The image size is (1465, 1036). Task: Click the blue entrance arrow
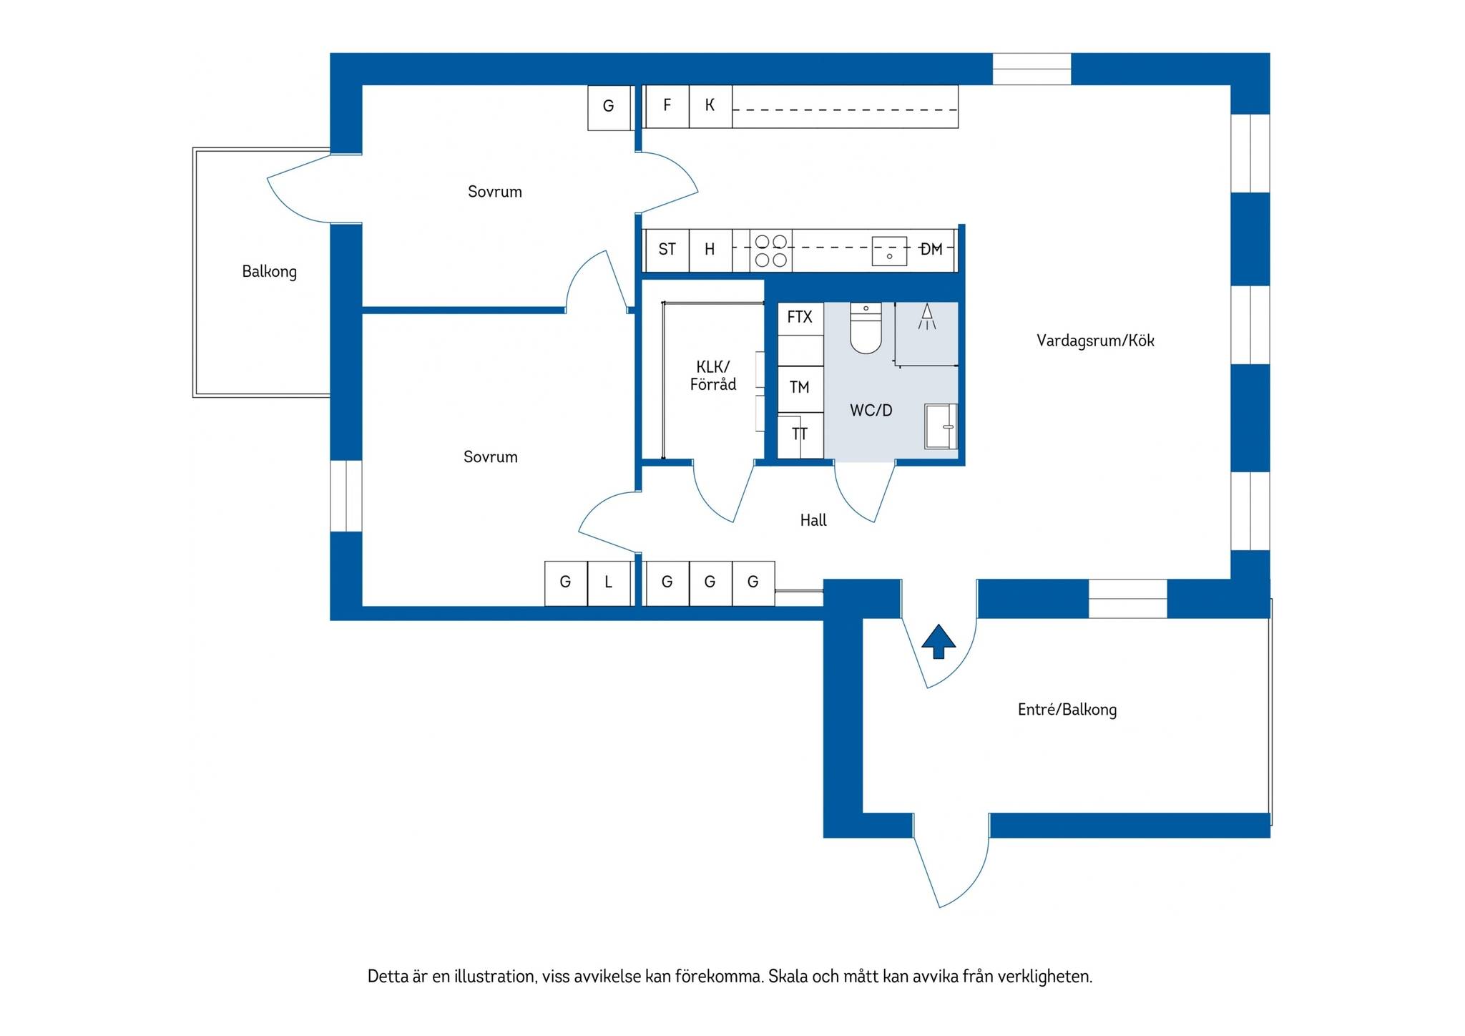[939, 641]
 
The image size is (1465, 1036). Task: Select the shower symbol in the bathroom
[927, 316]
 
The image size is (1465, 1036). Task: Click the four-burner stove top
[771, 250]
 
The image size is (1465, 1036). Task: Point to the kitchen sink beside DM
[889, 251]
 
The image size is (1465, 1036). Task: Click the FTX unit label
[800, 317]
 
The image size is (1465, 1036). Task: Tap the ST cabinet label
[667, 249]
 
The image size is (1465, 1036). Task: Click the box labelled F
[667, 107]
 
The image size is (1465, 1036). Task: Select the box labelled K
[710, 107]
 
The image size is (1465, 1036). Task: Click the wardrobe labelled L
[609, 584]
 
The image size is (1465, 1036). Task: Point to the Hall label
[813, 520]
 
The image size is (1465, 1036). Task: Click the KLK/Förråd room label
[713, 376]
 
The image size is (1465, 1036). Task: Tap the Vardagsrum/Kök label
[1095, 341]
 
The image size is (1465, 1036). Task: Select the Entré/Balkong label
[1067, 709]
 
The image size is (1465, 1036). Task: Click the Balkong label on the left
[269, 271]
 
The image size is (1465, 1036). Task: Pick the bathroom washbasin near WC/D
[941, 426]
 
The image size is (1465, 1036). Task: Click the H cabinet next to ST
[710, 250]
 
